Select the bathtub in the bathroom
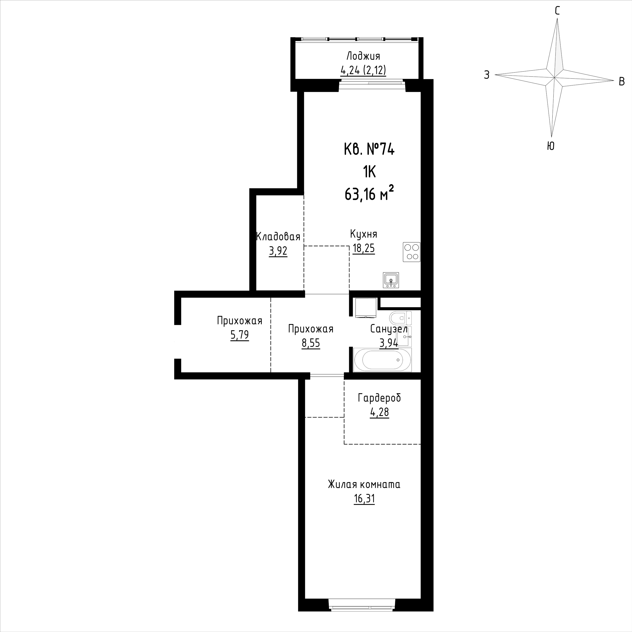[x=382, y=360]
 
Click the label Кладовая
[x=278, y=237]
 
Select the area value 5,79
[x=239, y=335]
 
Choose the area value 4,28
[x=380, y=412]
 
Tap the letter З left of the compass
[x=487, y=75]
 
